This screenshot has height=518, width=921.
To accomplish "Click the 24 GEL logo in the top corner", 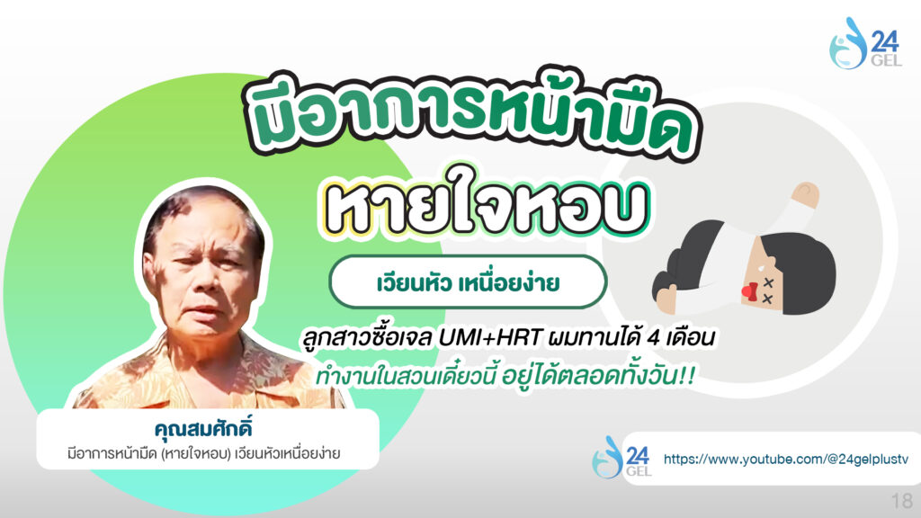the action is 864,43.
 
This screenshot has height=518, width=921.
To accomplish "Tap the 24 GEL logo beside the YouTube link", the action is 621,457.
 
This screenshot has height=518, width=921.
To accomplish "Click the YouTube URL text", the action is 785,459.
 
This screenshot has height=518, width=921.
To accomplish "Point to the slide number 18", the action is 901,501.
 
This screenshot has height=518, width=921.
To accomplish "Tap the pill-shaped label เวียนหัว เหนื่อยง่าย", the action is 468,282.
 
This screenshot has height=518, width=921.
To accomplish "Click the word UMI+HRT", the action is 490,338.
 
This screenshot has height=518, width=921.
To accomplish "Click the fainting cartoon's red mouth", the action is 749,290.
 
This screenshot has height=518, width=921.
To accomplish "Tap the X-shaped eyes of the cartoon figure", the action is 768,290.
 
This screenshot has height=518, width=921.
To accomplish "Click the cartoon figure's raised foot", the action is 804,194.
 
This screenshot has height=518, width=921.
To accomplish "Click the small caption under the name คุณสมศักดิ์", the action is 204,453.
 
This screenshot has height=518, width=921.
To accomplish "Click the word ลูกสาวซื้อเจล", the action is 368,338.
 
